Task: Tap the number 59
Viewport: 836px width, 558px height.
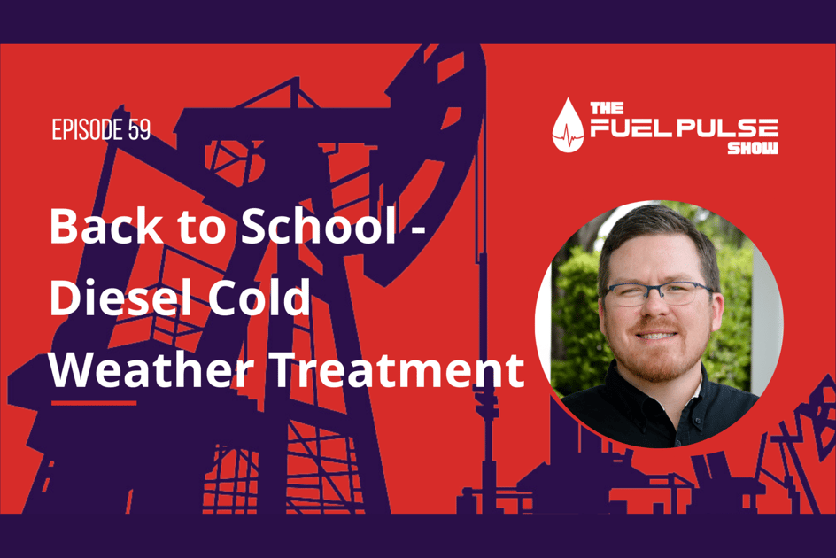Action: [138, 130]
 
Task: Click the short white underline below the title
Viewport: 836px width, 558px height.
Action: [94, 403]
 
